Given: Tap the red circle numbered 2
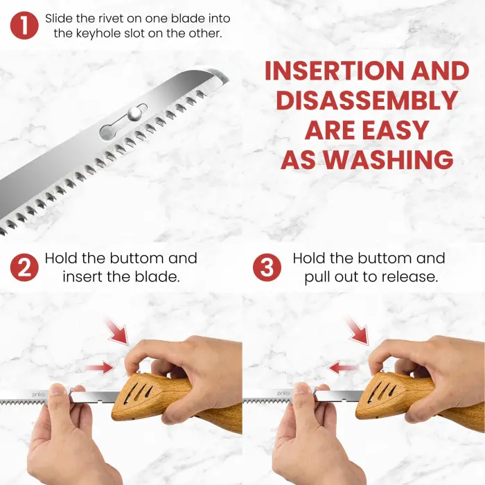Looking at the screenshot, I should coord(24,267).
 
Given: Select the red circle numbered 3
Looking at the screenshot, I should coord(267,267).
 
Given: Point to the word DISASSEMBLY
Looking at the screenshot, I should coord(367,101).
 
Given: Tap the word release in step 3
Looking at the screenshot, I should coord(414,276).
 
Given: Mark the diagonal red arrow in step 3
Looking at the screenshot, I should coord(359,330).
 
